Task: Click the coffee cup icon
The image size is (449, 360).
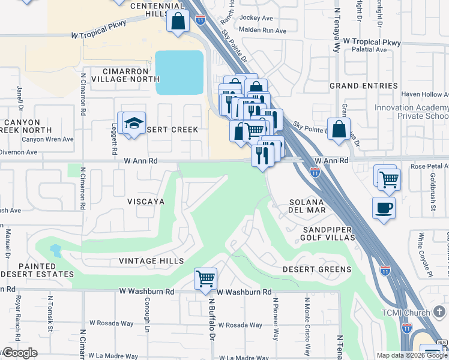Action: [384, 208]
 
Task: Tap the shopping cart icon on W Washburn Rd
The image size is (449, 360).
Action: [205, 278]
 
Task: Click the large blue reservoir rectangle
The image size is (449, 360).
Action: [179, 73]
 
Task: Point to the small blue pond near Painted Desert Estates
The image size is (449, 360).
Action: [55, 250]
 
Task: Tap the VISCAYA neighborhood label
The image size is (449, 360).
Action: [145, 202]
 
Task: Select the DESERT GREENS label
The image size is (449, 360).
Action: [317, 269]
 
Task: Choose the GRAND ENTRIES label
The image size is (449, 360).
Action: [364, 86]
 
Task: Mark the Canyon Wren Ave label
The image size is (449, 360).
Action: [47, 139]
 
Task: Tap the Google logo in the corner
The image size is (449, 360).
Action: [20, 353]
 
